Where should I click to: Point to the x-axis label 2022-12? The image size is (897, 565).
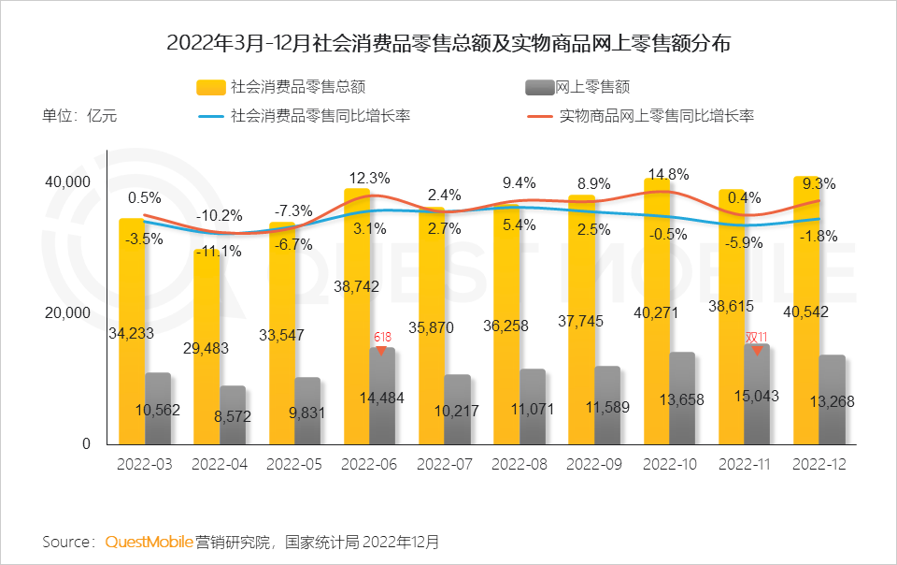819,464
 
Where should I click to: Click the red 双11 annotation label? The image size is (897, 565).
756,338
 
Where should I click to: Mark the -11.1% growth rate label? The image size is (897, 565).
220,251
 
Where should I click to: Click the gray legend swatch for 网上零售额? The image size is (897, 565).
540,87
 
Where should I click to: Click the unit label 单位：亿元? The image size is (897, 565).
79,117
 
